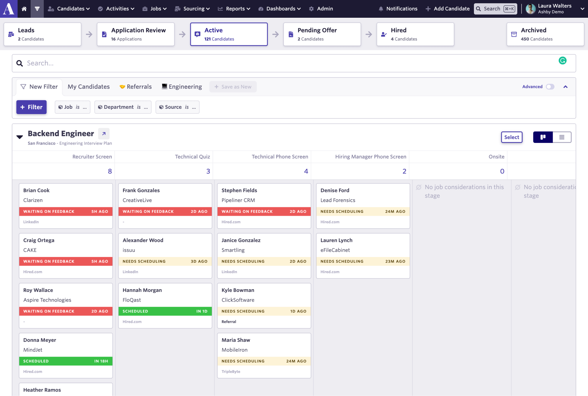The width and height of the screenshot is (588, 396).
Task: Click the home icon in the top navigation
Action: (24, 9)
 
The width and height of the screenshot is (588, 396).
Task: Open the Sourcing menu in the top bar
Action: (193, 9)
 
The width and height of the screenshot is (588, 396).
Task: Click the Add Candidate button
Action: (447, 9)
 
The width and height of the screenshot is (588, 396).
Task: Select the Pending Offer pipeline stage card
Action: (322, 34)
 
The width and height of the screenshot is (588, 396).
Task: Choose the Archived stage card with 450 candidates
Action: (545, 34)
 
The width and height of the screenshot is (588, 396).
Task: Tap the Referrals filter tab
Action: (136, 87)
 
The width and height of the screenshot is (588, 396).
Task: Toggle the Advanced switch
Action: (550, 87)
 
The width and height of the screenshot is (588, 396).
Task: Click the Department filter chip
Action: (123, 107)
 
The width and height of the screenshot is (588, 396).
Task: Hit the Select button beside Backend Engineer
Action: (512, 137)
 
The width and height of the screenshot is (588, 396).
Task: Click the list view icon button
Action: (562, 137)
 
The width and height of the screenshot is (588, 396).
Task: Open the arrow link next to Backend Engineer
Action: (104, 134)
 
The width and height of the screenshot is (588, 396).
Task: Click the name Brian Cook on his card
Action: (36, 191)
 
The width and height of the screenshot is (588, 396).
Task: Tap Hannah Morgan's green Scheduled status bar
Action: (165, 311)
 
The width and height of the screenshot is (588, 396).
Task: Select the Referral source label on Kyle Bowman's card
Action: (229, 322)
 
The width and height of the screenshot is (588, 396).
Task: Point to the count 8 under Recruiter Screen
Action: (110, 171)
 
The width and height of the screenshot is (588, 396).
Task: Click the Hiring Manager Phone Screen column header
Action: (370, 157)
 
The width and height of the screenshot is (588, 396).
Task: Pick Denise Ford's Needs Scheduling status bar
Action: (363, 211)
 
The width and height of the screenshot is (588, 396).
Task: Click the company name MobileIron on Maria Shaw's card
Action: (234, 350)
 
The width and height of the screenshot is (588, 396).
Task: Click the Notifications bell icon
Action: (381, 9)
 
